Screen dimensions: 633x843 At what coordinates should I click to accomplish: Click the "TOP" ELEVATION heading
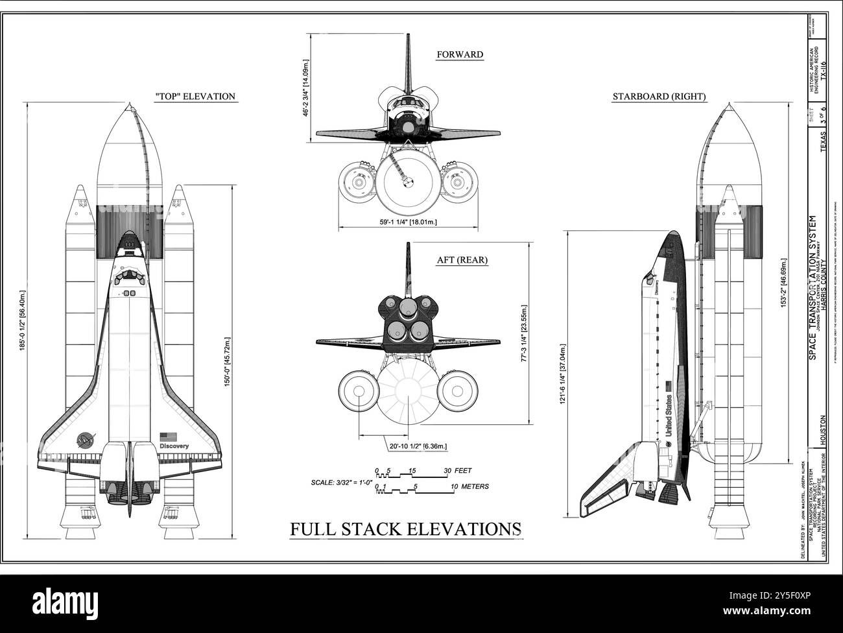click(x=195, y=97)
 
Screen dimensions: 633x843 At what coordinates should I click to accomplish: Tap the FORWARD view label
click(x=459, y=54)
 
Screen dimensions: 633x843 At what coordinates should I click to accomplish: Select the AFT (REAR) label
click(x=462, y=260)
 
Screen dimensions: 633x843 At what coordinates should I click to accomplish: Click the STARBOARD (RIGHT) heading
click(x=659, y=97)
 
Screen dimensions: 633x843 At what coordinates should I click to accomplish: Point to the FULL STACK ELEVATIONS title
click(x=405, y=529)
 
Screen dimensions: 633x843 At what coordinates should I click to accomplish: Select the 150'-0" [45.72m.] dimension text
click(x=227, y=371)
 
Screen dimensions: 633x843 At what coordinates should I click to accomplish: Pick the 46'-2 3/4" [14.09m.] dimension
click(x=305, y=89)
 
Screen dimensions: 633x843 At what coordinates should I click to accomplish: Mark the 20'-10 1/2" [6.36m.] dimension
click(x=418, y=446)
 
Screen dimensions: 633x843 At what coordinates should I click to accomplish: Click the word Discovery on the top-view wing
click(x=173, y=446)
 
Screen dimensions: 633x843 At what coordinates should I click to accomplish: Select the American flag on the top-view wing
click(x=169, y=436)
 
